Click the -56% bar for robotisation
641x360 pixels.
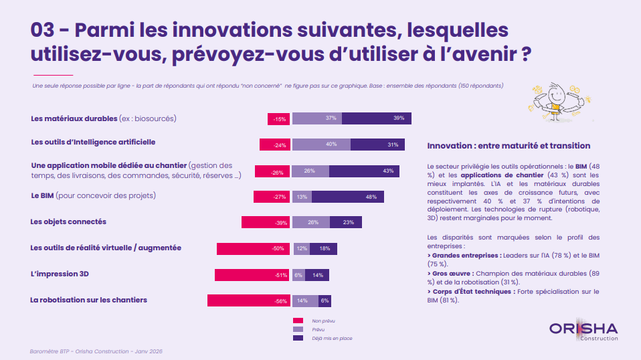click(248, 300)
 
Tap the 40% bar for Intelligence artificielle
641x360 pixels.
click(321, 145)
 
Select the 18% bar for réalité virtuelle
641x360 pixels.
click(323, 248)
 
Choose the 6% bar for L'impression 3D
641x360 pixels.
click(298, 275)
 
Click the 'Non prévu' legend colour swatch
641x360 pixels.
click(298, 321)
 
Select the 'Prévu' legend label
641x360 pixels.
click(318, 330)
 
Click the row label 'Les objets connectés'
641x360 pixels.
click(69, 221)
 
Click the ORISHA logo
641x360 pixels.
click(583, 330)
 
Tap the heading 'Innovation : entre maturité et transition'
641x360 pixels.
click(509, 145)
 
